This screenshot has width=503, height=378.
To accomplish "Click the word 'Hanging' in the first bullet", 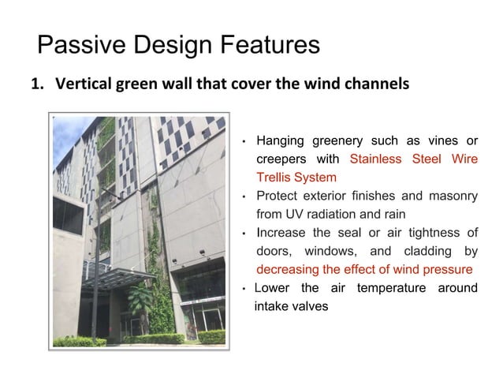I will (x=284, y=141).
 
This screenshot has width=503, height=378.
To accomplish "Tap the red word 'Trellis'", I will (x=273, y=178).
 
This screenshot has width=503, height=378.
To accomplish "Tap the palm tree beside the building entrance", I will (x=141, y=304).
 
